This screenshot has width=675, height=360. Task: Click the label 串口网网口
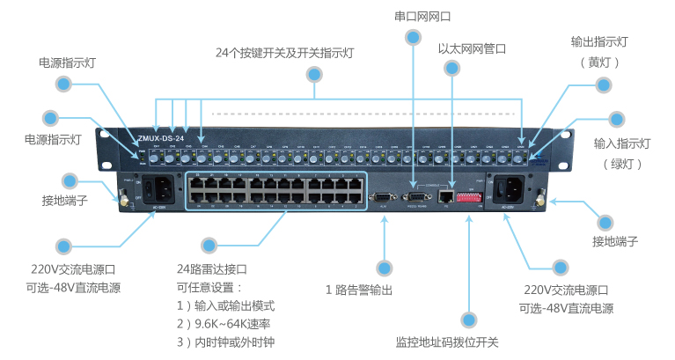[x=413, y=16]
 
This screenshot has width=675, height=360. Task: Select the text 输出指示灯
[x=600, y=41]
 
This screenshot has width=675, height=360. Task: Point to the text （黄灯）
[x=600, y=62]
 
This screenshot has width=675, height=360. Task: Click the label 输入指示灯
[x=621, y=143]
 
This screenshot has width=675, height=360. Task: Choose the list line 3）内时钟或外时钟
[x=226, y=342]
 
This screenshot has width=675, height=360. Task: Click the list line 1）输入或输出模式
[x=226, y=305]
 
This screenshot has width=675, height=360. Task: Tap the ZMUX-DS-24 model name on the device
[x=160, y=139]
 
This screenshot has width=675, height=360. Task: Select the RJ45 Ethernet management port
[x=447, y=196]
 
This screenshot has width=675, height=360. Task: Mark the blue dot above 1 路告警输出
[x=383, y=266]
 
